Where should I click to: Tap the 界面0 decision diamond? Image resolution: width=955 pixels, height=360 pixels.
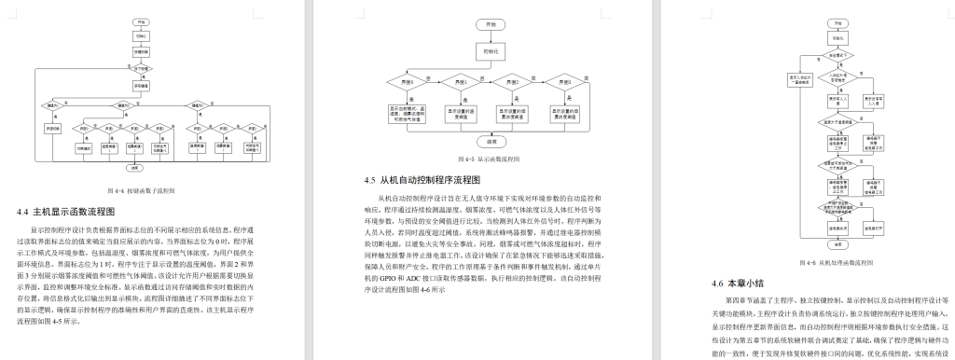pyautogui.click(x=407, y=82)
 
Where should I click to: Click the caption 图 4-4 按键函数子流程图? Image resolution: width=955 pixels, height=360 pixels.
pyautogui.click(x=146, y=189)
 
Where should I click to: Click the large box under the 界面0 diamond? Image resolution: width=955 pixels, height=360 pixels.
pyautogui.click(x=408, y=114)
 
